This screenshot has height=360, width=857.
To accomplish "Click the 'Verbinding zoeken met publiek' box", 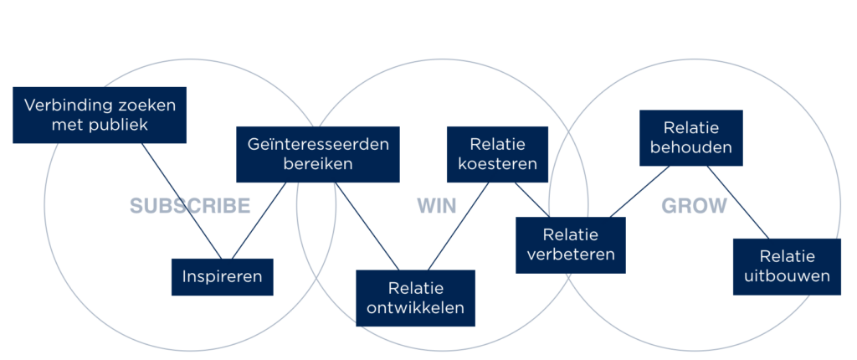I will pyautogui.click(x=100, y=116).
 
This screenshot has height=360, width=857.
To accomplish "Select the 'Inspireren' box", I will pyautogui.click(x=222, y=277).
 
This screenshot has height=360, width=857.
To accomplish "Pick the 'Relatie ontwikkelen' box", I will pyautogui.click(x=415, y=298).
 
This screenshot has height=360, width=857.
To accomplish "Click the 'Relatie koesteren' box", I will pyautogui.click(x=497, y=154).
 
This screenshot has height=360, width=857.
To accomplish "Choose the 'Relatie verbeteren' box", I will pyautogui.click(x=569, y=244).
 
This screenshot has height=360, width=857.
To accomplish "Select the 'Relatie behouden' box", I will pyautogui.click(x=690, y=138).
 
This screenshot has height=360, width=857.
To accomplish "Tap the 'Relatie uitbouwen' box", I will pyautogui.click(x=787, y=266).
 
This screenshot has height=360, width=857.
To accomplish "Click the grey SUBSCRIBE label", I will pyautogui.click(x=190, y=206).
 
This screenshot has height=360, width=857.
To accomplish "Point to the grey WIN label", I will pyautogui.click(x=437, y=206).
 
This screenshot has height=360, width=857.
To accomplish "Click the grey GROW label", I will pyautogui.click(x=694, y=206).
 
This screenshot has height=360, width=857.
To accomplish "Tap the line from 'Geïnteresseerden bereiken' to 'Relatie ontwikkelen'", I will pyautogui.click(x=366, y=225).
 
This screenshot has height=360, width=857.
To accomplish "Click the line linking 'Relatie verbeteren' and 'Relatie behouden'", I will pyautogui.click(x=640, y=192).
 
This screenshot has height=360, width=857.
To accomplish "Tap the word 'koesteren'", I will pyautogui.click(x=497, y=164).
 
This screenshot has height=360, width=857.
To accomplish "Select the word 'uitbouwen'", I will pyautogui.click(x=787, y=276).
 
